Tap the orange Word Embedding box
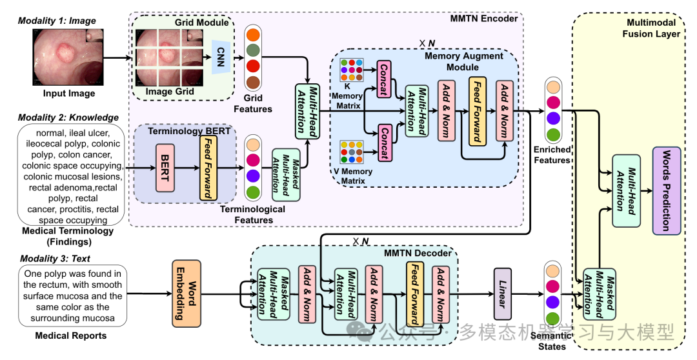(183, 294)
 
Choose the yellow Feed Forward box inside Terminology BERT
(208, 167)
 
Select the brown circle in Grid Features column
(253, 82)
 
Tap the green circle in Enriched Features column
(552, 135)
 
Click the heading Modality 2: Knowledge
(68, 117)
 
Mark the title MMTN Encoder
(489, 18)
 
